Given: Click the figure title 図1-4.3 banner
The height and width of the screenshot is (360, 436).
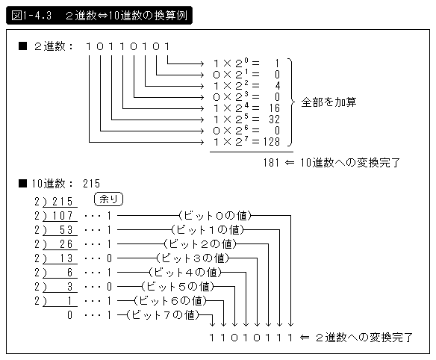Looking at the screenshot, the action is pos(99,16).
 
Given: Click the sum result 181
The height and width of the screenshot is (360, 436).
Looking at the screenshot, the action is pos(272,163).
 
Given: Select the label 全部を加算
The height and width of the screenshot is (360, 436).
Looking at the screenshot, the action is pos(328,102).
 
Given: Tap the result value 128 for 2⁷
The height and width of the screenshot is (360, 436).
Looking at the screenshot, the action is pos(272,142).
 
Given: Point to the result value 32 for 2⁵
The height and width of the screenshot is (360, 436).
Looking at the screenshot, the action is pos(275,120).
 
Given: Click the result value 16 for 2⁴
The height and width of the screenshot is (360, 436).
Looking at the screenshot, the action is pos(275,108).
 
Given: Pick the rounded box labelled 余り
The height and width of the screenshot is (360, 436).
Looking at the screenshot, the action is pos(109,199).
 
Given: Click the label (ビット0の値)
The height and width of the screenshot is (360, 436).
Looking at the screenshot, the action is pos(215,216).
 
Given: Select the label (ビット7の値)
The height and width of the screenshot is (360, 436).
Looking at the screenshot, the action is pos(163,315).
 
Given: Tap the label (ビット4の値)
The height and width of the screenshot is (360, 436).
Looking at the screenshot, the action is pos(185,273).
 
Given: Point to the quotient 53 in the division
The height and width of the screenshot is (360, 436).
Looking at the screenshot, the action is pos(66,230).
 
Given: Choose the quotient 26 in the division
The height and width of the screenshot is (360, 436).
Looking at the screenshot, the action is pos(66,244).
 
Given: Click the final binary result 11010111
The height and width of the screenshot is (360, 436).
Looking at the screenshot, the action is pos(251,338).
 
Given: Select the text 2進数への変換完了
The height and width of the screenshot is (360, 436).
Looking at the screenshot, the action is pos(364,338).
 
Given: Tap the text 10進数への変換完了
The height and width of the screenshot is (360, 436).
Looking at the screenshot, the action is pos(350,163).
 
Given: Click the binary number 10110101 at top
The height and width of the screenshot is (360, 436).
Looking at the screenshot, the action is pos(128,46).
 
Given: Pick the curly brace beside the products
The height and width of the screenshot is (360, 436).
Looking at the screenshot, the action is pos(290,102).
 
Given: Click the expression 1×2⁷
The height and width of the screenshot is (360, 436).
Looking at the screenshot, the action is pos(231,142).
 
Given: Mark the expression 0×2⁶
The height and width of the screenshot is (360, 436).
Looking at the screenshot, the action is pos(231,131).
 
